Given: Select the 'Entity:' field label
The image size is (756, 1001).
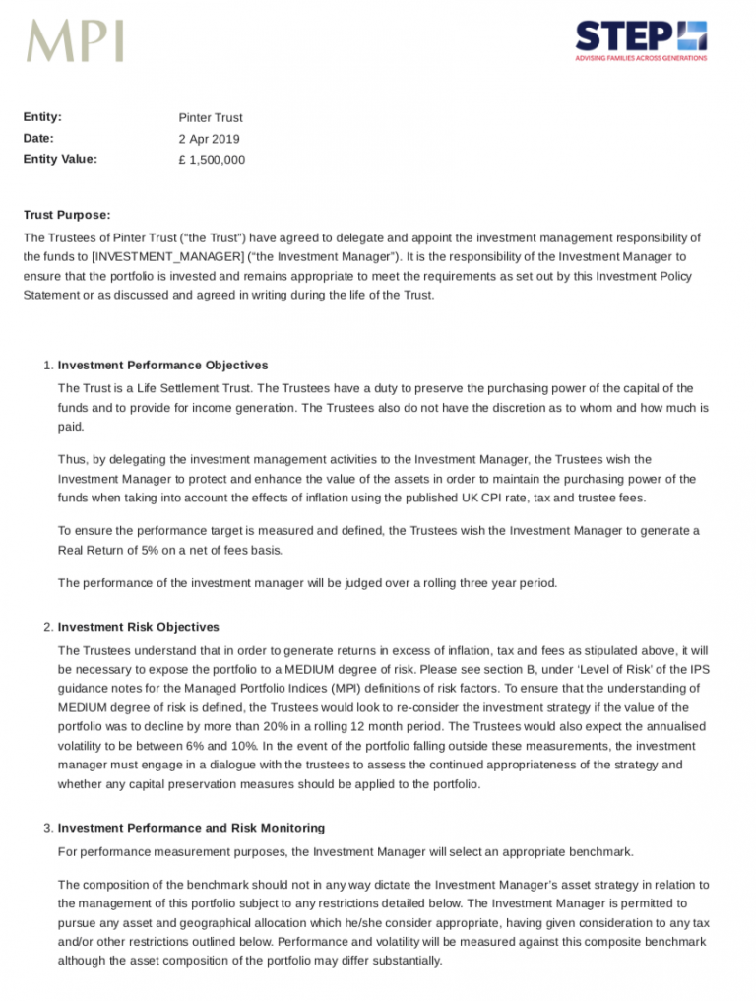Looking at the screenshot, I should click(x=42, y=117).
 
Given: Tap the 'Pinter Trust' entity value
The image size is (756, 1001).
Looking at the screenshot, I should click(x=211, y=118).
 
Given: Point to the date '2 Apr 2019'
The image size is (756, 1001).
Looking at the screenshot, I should click(x=209, y=139).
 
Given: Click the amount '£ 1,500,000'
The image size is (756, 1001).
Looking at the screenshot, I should click(x=212, y=160).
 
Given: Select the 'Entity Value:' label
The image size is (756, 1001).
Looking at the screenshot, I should click(x=60, y=159).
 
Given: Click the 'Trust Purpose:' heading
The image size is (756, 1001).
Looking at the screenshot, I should click(x=67, y=215).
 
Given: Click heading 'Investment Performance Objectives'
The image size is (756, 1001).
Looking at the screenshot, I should click(x=162, y=366).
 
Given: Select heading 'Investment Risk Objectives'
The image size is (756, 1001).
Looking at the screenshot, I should click(x=139, y=627).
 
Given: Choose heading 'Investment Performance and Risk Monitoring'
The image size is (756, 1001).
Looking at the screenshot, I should click(x=191, y=828).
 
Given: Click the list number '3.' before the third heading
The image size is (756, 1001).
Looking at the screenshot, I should click(x=48, y=828).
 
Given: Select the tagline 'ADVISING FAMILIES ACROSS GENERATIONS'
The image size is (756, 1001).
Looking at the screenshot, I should click(x=641, y=58).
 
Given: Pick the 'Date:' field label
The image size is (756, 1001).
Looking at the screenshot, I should click(x=38, y=138).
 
